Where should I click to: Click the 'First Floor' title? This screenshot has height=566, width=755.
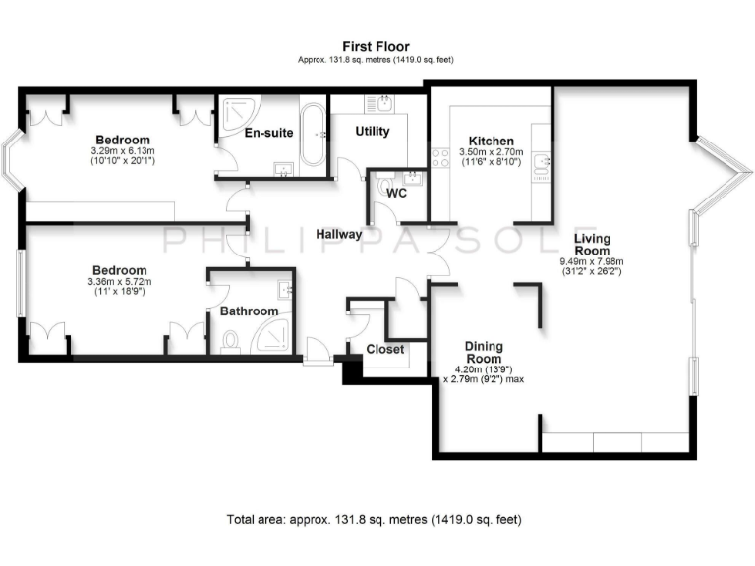376,46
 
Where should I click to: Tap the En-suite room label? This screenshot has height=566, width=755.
268,133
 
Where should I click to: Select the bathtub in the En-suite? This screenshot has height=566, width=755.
313,135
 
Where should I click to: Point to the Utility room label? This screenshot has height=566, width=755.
373,131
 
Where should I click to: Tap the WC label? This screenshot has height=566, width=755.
396,193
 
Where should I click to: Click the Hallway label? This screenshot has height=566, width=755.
338,235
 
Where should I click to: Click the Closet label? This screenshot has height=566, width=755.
384,349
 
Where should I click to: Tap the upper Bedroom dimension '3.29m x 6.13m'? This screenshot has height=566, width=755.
122,150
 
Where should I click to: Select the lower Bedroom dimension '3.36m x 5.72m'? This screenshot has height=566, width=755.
121,282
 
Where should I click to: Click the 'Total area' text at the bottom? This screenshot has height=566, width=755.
374,518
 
